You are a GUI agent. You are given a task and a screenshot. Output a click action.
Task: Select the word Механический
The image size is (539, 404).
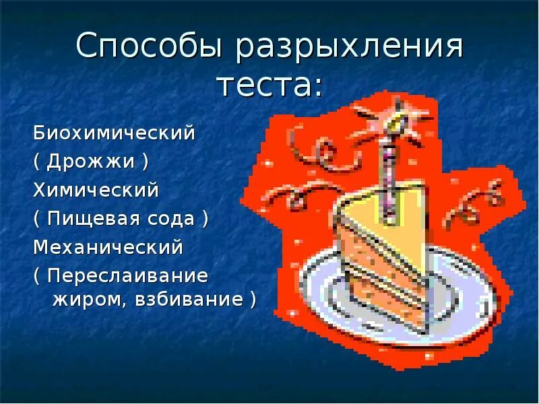[108, 248]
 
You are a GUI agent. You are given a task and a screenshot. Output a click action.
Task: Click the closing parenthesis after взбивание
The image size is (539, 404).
[252, 300]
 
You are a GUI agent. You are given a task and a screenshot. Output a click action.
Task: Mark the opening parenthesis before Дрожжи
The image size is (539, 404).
[37, 162]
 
